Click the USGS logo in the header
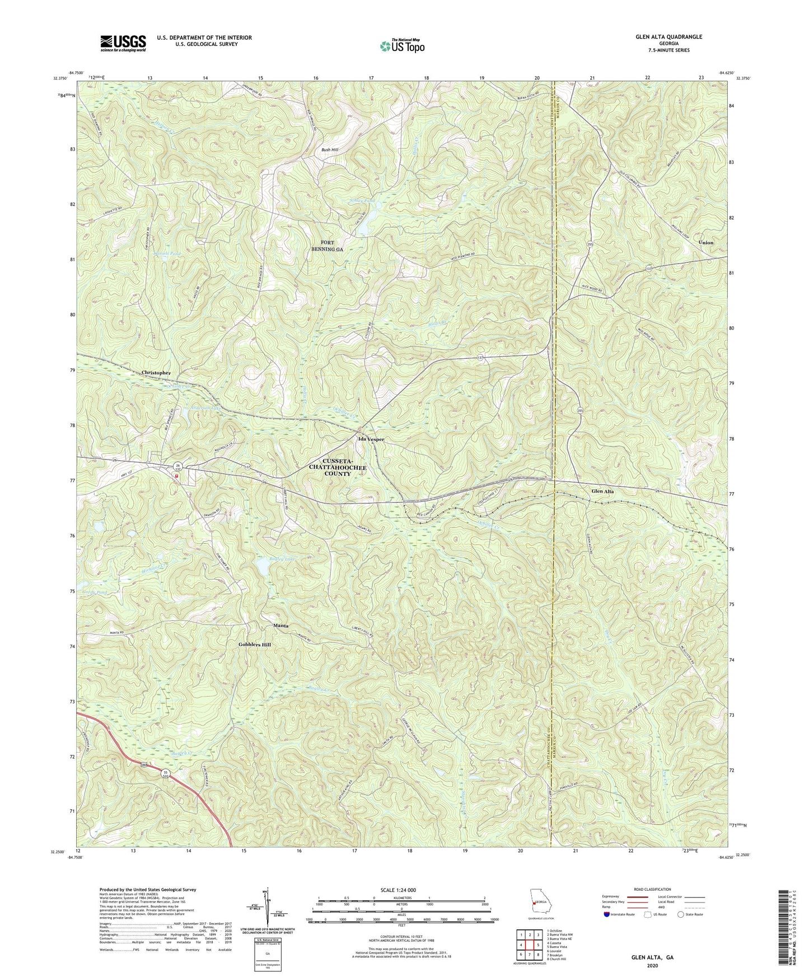click(x=123, y=43)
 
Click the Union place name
click(x=705, y=242)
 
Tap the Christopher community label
click(x=156, y=373)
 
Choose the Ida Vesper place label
click(x=371, y=439)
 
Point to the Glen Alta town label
click(x=602, y=491)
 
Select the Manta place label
click(x=280, y=625)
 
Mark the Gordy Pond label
click(x=94, y=591)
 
